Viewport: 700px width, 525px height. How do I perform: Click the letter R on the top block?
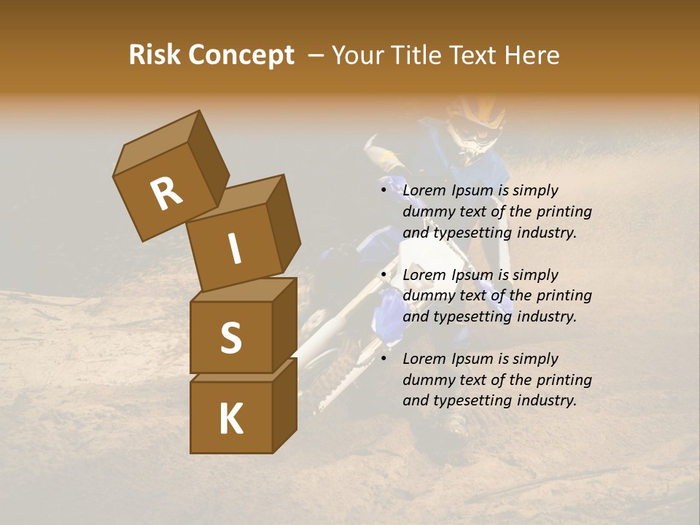click(x=166, y=194)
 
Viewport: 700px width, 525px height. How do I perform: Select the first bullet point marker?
click(x=384, y=190)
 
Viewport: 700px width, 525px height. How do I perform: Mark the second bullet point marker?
click(x=384, y=275)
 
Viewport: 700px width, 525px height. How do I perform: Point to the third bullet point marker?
click(x=384, y=359)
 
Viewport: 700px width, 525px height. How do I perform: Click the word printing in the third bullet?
click(x=564, y=380)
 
